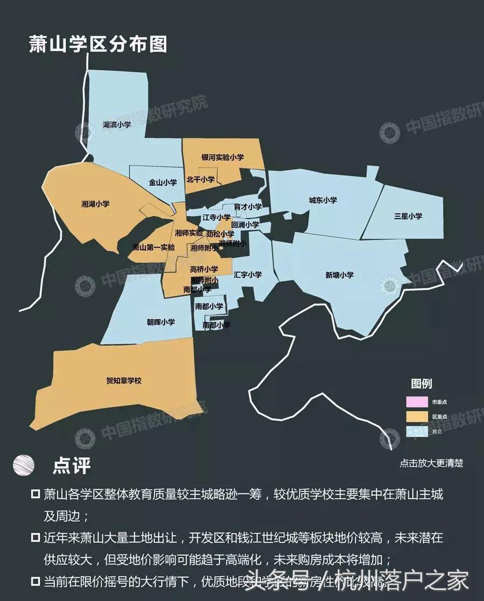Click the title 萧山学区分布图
[x=98, y=44]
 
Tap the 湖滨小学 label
[x=117, y=124]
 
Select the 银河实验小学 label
[x=223, y=158]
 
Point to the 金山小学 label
[x=163, y=183]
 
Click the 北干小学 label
[x=200, y=179]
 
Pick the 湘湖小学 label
[x=95, y=204]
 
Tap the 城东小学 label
[x=323, y=200]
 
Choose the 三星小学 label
[x=408, y=216]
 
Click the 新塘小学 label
[x=339, y=275]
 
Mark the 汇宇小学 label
[x=248, y=275]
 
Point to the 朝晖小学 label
[x=161, y=323]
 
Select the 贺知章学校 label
[x=124, y=381]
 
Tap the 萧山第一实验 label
[x=154, y=247]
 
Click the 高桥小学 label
[x=204, y=269]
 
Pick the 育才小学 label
[x=248, y=207]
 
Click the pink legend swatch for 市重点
[x=417, y=402]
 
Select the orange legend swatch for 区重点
[x=417, y=417]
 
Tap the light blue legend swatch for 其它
[x=417, y=431]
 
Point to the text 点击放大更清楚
[x=431, y=463]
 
